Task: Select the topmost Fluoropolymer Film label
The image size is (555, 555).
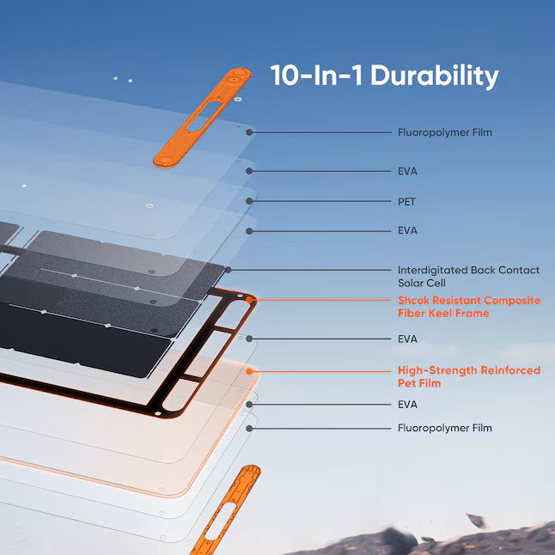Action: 444,133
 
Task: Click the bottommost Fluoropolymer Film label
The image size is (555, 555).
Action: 444,427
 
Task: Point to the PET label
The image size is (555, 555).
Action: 406,201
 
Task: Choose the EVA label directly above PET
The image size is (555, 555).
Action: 407,171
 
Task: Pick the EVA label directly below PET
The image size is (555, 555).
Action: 407,230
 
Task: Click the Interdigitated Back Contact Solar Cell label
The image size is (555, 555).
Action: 468,270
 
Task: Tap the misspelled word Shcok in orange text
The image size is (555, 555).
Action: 415,301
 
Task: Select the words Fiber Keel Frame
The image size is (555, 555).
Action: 442,314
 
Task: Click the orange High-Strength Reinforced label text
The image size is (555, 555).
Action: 468,370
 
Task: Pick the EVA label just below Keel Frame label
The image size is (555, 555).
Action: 407,339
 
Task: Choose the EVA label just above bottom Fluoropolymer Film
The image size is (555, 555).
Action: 407,404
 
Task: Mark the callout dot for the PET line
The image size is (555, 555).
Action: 250,201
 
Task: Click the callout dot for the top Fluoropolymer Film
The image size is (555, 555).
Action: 250,133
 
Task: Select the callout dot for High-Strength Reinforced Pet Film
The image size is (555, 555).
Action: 251,371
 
